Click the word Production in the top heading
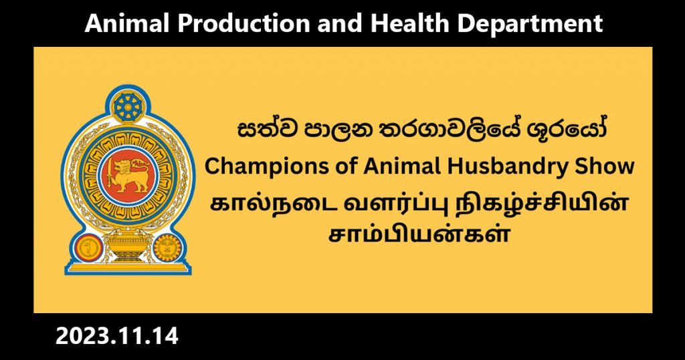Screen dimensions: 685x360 click(x=243, y=23)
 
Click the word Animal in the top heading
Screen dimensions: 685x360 click(x=126, y=23)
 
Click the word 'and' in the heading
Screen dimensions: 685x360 click(x=339, y=23)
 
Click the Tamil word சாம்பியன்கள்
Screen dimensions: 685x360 click(x=419, y=234)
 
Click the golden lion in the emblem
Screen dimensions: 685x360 click(x=130, y=175)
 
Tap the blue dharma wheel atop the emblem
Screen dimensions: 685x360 click(x=128, y=106)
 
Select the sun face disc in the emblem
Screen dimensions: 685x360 click(x=167, y=248)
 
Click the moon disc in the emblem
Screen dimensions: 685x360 click(x=89, y=248)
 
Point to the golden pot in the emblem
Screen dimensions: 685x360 click(x=128, y=245)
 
